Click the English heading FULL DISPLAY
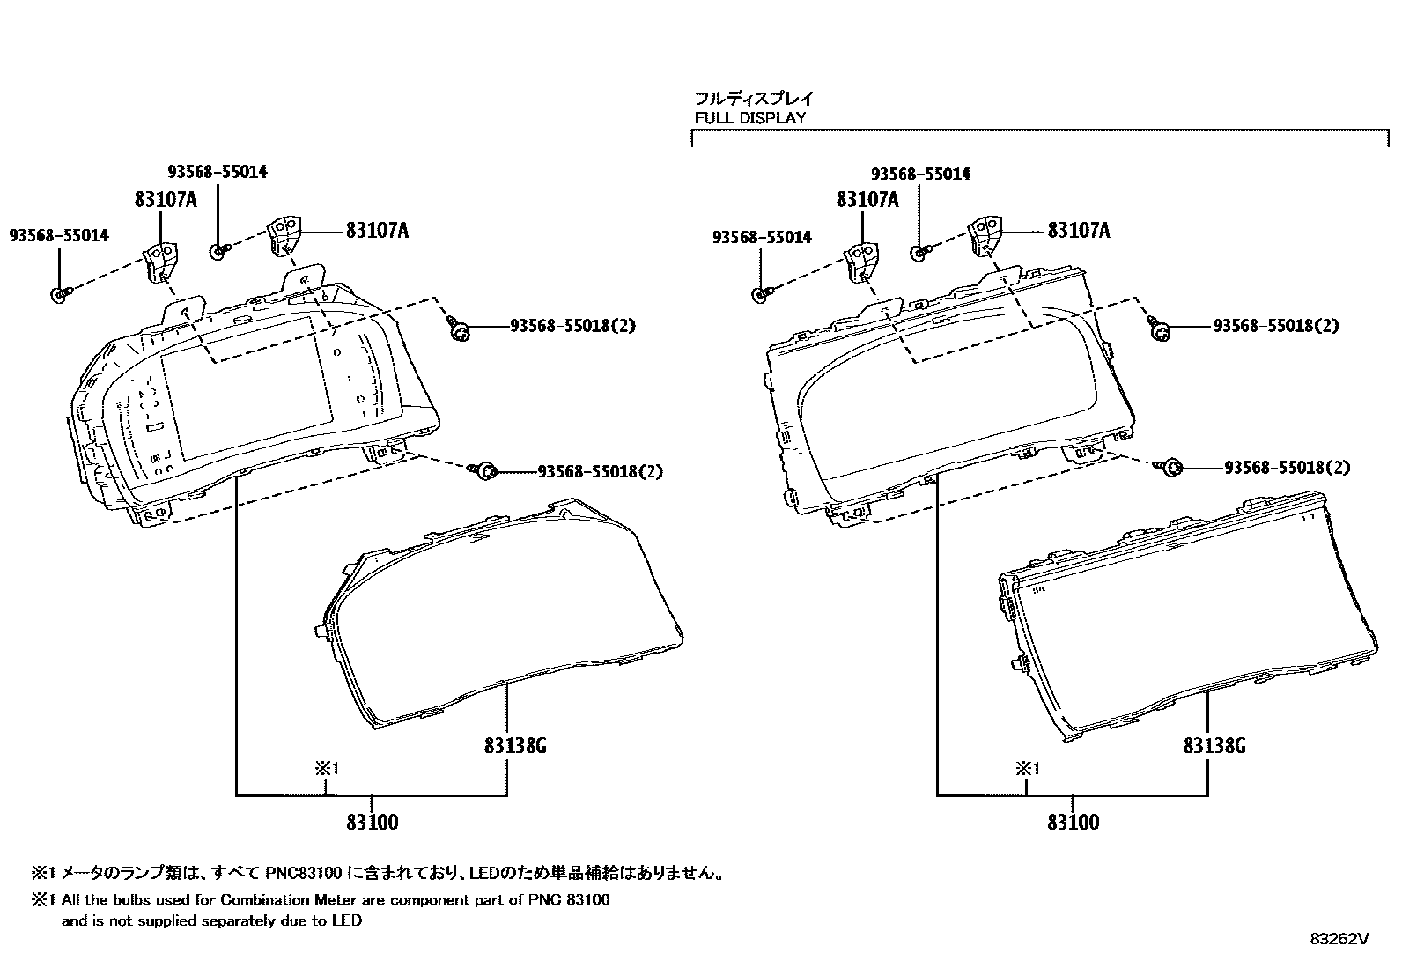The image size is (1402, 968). pyautogui.click(x=749, y=117)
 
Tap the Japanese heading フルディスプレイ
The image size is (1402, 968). pyautogui.click(x=755, y=99)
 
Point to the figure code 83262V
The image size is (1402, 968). pyautogui.click(x=1339, y=939)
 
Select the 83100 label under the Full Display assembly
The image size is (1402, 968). pyautogui.click(x=1073, y=823)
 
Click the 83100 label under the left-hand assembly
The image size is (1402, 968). pyautogui.click(x=372, y=823)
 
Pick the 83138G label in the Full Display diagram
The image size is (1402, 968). pyautogui.click(x=1214, y=746)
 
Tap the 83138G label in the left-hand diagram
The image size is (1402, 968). pyautogui.click(x=515, y=746)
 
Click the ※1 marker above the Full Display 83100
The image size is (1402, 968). pyautogui.click(x=1028, y=768)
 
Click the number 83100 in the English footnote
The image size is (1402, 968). pyautogui.click(x=587, y=900)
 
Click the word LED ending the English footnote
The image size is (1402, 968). pyautogui.click(x=348, y=921)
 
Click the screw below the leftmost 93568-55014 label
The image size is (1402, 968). pyautogui.click(x=59, y=295)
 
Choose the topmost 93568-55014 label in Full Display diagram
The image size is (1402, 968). pyautogui.click(x=920, y=174)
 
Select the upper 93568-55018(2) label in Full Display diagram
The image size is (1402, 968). pyautogui.click(x=1275, y=325)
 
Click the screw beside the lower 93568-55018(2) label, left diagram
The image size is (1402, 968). pyautogui.click(x=483, y=471)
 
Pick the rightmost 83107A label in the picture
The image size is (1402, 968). pyautogui.click(x=1079, y=231)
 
